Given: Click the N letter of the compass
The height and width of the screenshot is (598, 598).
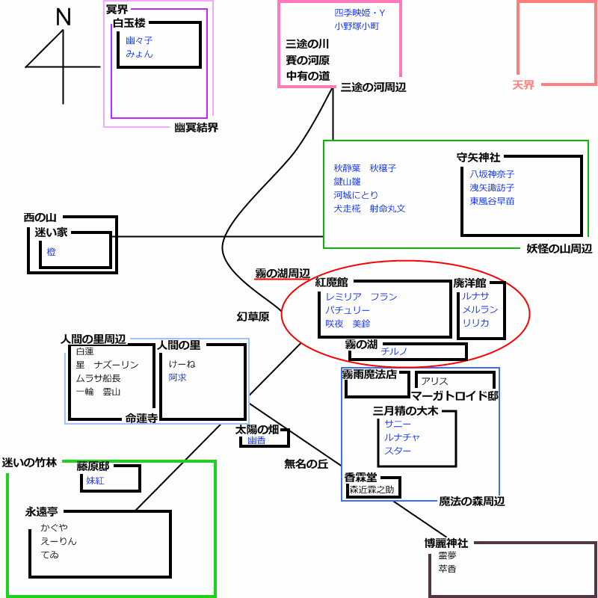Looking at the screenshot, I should [64, 18].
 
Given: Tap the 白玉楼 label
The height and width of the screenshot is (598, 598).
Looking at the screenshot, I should [129, 24].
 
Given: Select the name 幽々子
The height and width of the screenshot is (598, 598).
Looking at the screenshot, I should [139, 40].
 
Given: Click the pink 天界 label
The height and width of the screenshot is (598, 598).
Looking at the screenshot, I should [524, 85].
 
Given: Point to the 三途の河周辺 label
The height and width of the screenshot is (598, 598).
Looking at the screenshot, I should [373, 87].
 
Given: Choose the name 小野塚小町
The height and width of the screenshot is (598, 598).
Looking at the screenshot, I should [357, 26].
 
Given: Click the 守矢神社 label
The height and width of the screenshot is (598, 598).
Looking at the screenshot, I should [478, 158].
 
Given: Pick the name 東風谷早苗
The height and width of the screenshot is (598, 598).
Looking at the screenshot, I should [492, 201].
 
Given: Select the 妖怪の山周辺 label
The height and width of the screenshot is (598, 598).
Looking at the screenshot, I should [559, 249].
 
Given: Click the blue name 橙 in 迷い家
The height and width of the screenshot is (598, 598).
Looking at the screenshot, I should [51, 253].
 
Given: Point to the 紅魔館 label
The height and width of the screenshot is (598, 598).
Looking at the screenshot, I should [332, 283].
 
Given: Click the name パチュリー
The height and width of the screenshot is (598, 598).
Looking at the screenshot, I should [348, 310].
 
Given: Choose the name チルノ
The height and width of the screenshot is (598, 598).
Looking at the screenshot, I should [394, 351].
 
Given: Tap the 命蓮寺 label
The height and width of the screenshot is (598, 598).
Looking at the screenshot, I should [141, 419].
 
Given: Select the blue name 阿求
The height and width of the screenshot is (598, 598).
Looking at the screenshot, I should [177, 377].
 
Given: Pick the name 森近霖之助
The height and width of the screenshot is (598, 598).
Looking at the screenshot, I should [372, 490].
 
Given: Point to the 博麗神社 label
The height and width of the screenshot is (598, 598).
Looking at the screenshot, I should [446, 543].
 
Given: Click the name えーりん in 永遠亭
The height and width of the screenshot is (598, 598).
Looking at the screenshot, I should [59, 541].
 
